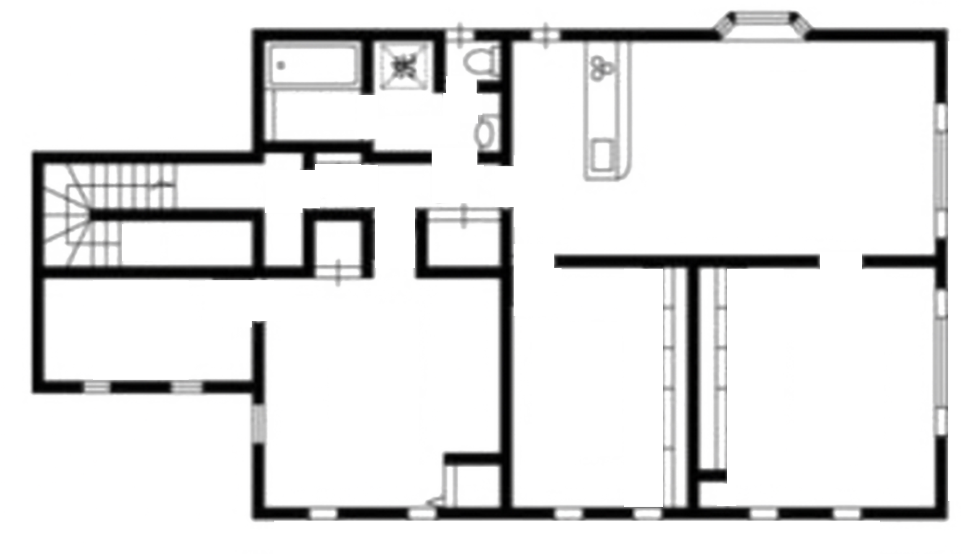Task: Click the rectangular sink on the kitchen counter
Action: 603,154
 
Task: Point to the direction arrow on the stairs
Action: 163,185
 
